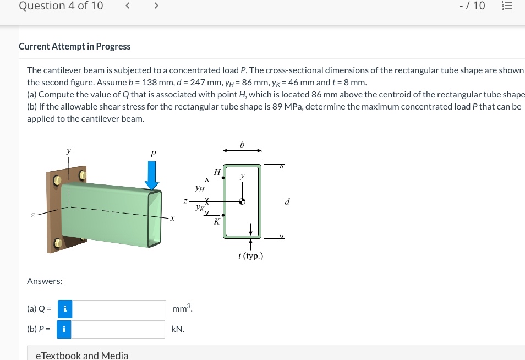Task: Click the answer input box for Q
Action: pos(119,309)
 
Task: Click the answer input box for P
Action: pos(119,329)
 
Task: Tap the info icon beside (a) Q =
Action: pos(65,309)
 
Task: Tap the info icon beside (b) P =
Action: pos(64,329)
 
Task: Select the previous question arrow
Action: pos(128,6)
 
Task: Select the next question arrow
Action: pos(156,6)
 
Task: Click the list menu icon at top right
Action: pos(507,6)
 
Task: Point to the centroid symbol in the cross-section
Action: pos(242,201)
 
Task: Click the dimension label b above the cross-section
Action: pos(242,145)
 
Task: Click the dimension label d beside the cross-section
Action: pos(287,201)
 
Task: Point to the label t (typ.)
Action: pos(251,256)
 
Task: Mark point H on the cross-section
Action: pos(223,178)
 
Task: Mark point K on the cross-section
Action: pos(223,215)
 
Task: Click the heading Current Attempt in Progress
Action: pos(75,46)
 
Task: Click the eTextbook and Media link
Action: pos(82,355)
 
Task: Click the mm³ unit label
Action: pos(182,308)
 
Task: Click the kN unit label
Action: pos(178,329)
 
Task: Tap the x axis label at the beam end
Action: pos(172,219)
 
